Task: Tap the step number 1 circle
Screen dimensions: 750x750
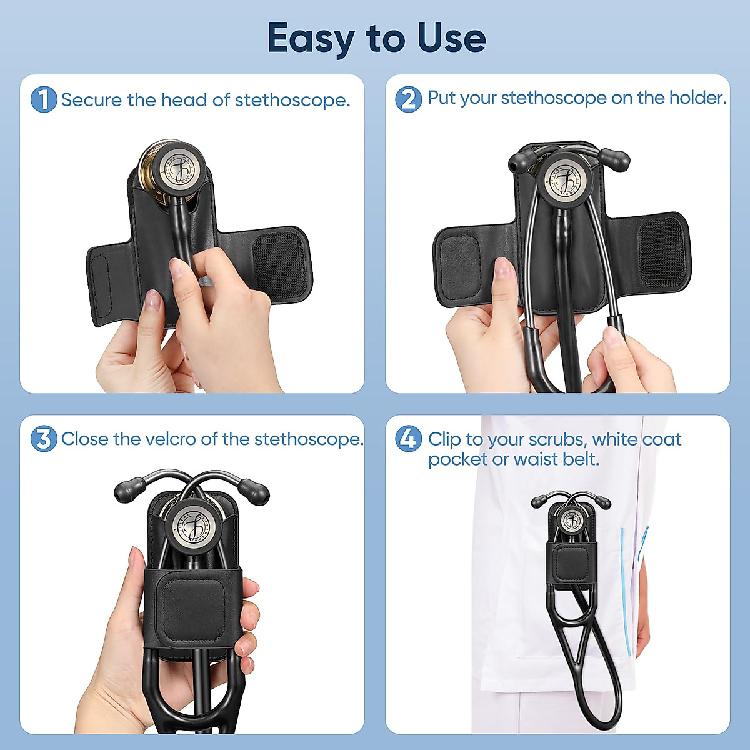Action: (x=44, y=100)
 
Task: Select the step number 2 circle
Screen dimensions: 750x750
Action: (x=409, y=99)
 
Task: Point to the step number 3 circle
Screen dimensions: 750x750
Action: (x=44, y=439)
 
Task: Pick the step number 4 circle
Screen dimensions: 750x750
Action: (x=408, y=439)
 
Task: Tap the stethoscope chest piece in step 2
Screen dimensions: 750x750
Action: (x=565, y=177)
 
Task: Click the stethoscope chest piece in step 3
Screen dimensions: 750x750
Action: (x=191, y=524)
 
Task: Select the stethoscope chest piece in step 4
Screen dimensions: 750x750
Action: (x=571, y=520)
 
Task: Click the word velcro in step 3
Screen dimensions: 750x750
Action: (x=170, y=439)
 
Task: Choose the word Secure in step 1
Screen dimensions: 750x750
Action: (x=92, y=100)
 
